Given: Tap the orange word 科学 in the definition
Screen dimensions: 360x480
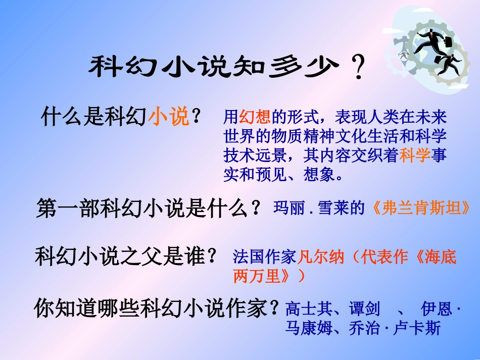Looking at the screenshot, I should pyautogui.click(x=415, y=156).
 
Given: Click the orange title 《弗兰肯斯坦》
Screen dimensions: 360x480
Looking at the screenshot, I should pyautogui.click(x=423, y=208).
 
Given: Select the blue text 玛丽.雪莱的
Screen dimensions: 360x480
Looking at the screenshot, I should pyautogui.click(x=319, y=208).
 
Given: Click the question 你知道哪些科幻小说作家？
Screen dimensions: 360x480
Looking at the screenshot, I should pyautogui.click(x=157, y=308).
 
